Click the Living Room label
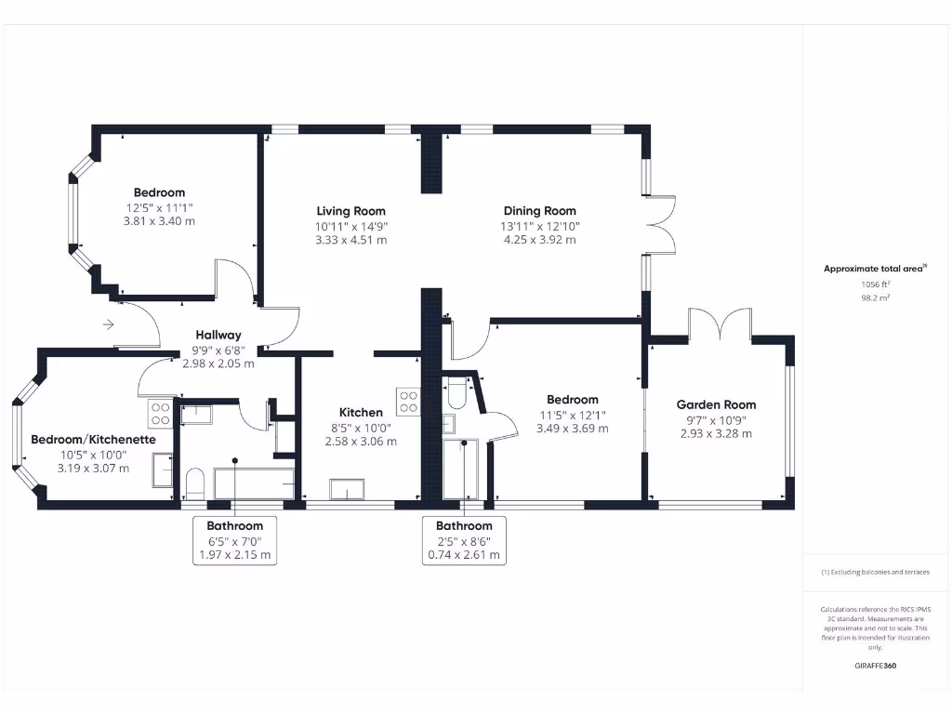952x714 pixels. point(350,211)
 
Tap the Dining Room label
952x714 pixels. point(539,211)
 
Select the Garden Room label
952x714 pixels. point(716,404)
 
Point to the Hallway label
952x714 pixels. point(218,335)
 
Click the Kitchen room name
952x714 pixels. point(361,412)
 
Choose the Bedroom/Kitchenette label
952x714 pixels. point(93,440)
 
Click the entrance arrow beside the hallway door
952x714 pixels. point(109,324)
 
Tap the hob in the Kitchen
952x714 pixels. point(408,401)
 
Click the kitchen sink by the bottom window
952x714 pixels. point(350,490)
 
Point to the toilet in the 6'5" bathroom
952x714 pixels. point(194,483)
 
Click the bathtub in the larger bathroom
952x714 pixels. point(254,483)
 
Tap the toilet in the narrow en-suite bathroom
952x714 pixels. point(456,396)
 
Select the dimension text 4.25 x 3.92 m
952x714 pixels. point(539,240)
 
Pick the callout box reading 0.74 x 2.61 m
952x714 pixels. point(464,555)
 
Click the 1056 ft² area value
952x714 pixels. point(874,284)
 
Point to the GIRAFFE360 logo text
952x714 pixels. point(875,666)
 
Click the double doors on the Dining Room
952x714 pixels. point(661,224)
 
